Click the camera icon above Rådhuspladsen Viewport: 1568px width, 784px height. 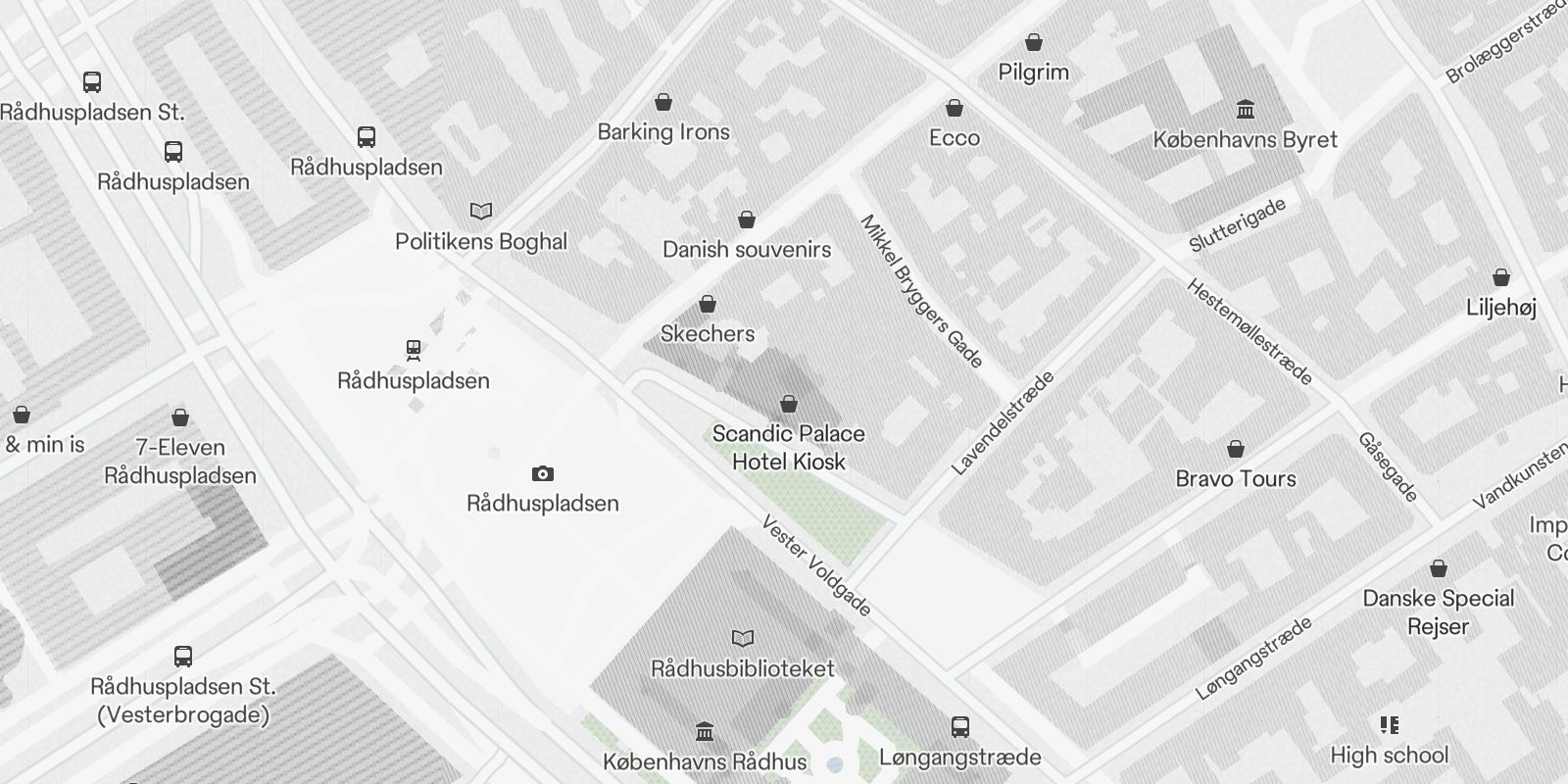(542, 474)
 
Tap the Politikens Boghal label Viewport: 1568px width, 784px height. (481, 241)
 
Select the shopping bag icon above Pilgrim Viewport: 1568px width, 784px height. (1033, 42)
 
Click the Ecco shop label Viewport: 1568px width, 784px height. (955, 137)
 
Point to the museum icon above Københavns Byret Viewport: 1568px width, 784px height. (1246, 109)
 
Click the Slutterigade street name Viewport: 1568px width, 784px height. (1237, 225)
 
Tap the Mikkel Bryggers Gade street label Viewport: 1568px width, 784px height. (921, 291)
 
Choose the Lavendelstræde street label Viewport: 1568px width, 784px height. (1003, 422)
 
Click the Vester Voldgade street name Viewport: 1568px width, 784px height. (816, 565)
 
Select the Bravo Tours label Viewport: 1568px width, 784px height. (1236, 478)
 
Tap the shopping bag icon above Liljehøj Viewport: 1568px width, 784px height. (1500, 277)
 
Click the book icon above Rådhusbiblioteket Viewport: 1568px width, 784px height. (744, 639)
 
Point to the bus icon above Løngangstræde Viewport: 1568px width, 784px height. (960, 727)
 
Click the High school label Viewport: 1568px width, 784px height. (1389, 755)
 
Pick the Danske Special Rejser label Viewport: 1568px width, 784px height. (1438, 612)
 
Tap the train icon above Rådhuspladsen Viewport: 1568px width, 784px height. (414, 350)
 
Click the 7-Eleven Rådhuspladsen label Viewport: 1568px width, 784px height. (180, 462)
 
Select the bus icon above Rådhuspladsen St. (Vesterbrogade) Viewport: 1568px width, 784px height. (183, 657)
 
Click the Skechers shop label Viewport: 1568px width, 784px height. (708, 333)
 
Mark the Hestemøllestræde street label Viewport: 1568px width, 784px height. (1249, 331)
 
